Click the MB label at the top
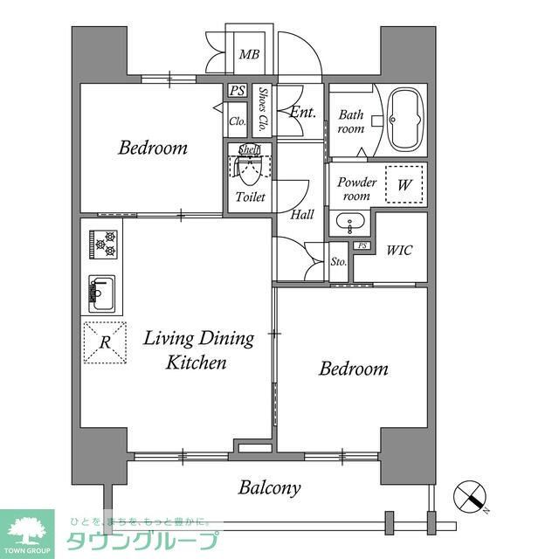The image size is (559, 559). point(249,54)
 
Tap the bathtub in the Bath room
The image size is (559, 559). point(404,120)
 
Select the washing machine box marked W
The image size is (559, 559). point(404,184)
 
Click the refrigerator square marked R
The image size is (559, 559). point(104,342)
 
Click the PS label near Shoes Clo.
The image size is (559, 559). point(237,91)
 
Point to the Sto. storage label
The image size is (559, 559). point(339,262)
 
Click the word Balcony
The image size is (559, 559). point(269,487)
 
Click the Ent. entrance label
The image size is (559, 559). point(302,112)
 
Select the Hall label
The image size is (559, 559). point(302,214)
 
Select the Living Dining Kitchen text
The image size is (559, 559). point(198,349)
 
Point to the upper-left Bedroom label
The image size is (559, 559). point(153,148)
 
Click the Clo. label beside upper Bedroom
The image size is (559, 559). point(237,121)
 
